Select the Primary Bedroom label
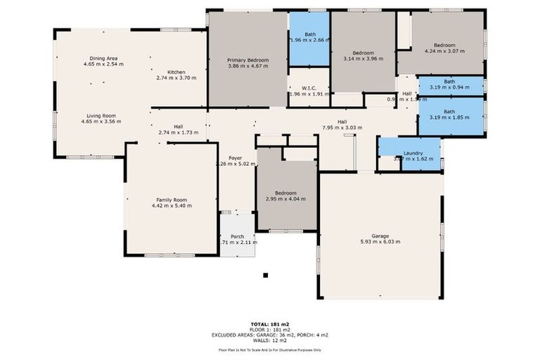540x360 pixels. click(248, 61)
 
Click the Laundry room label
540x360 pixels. click(412, 153)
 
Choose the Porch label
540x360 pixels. click(237, 236)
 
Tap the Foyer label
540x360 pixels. click(236, 158)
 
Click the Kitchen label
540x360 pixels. click(176, 72)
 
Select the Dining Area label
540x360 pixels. click(103, 58)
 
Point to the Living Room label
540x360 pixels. click(101, 116)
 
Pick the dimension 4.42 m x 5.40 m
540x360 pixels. click(172, 206)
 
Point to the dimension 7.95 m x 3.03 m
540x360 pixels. click(342, 128)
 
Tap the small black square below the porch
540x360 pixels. click(265, 276)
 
